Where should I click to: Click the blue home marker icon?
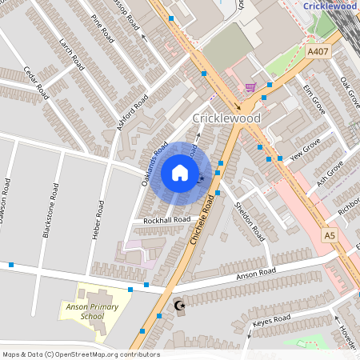[180, 173]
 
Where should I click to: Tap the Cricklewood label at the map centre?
[226, 118]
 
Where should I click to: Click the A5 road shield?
[330, 235]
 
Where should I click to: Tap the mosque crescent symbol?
[178, 305]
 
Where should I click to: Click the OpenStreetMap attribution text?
[81, 354]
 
